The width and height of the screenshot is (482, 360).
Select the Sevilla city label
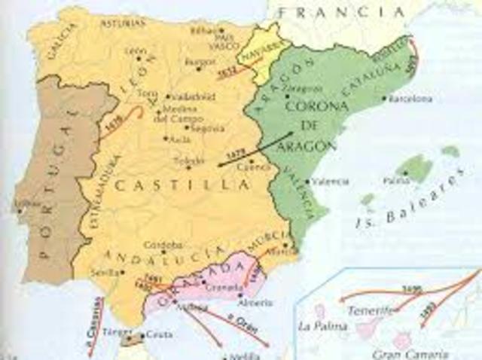tap(105, 272)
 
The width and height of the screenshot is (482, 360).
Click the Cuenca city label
tap(237, 168)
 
